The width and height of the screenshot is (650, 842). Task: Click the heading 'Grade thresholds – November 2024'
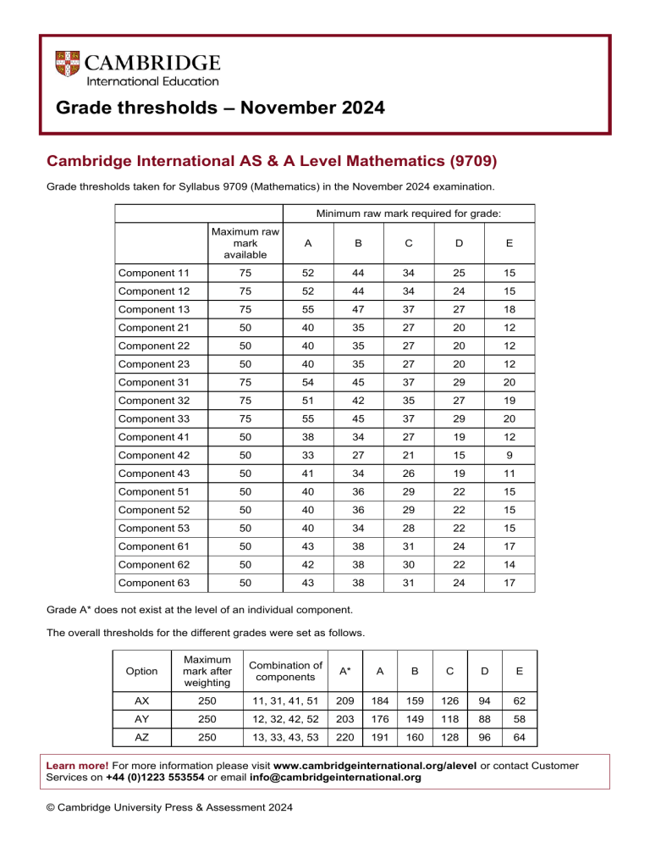click(220, 108)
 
